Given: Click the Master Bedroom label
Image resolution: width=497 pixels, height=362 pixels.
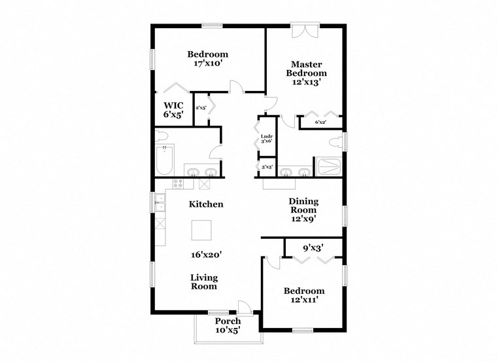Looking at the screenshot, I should tap(304, 73).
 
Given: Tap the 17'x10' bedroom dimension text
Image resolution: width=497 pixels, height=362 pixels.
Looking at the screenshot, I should tap(207, 64).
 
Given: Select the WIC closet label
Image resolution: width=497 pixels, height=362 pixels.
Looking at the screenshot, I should tap(173, 109).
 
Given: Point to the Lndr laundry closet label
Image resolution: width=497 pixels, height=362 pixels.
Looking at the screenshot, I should tap(267, 138).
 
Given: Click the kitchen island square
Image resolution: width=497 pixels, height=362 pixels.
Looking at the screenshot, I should tap(201, 230).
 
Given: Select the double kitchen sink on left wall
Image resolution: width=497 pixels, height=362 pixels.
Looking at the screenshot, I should tap(160, 202).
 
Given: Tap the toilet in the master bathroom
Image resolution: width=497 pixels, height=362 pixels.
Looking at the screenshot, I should tap(336, 143).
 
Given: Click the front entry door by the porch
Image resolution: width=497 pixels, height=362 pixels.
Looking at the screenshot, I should tap(244, 308).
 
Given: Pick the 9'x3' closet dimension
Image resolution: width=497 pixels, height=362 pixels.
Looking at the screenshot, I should tap(313, 248).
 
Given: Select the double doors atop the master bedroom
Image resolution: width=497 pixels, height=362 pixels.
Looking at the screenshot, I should tap(304, 31).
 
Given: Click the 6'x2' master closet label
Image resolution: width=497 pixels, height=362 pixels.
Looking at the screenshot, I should tap(320, 122).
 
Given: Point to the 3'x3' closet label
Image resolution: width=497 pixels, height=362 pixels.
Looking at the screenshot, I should tap(267, 167).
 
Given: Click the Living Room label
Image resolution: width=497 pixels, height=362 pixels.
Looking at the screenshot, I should tap(204, 281).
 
